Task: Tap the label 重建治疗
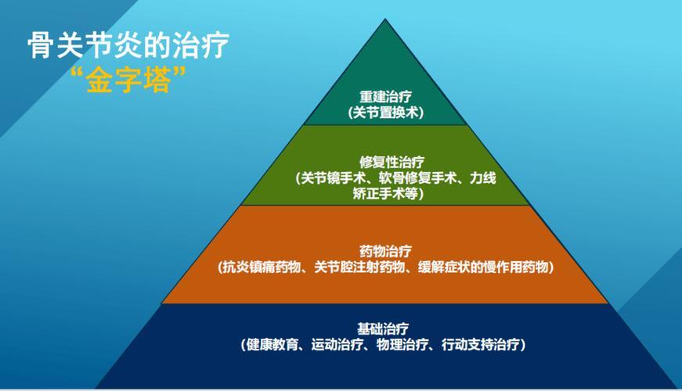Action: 385,98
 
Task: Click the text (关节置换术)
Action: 385,113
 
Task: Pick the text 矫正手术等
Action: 388,194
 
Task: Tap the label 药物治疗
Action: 385,251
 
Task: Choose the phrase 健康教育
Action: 272,343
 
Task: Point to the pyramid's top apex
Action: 385,20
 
